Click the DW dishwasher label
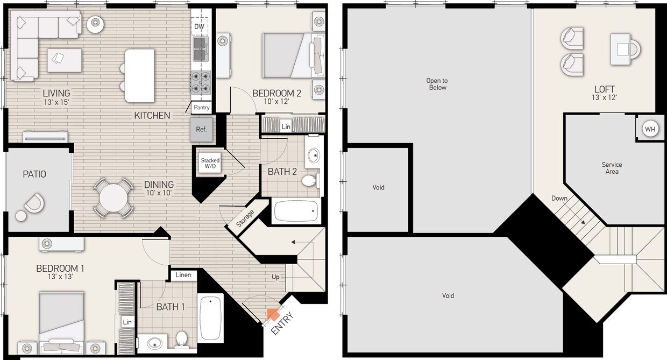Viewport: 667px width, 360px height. coord(200,26)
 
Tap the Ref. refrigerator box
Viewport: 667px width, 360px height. coord(201,130)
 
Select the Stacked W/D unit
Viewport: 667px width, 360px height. coord(210,164)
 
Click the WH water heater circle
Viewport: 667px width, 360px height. coord(650,129)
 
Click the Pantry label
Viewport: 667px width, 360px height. coord(202,108)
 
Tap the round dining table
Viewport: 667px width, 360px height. coord(113,197)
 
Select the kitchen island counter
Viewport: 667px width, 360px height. coord(139,75)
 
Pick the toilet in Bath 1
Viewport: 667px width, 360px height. coord(182,340)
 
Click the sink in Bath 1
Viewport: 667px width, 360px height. coord(154,342)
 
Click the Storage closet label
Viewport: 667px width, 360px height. coord(246,218)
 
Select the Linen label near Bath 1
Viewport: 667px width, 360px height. coord(183,275)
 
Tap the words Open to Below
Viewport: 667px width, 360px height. coord(437,84)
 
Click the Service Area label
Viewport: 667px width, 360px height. coord(612,168)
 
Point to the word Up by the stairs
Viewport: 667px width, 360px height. coord(275,278)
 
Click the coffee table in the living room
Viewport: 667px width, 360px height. coord(65,60)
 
